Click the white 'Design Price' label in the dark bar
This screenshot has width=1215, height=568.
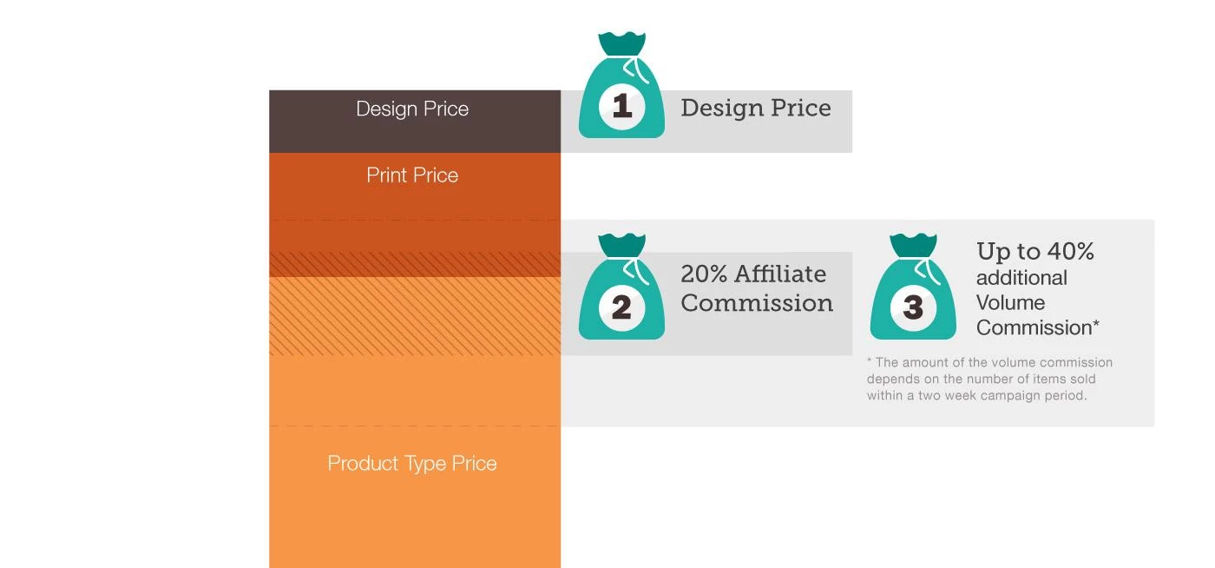pyautogui.click(x=412, y=109)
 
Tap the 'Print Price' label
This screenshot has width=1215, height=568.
pyautogui.click(x=412, y=175)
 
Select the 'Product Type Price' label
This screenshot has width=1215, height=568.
pyautogui.click(x=412, y=464)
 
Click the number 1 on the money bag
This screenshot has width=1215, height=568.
pyautogui.click(x=622, y=106)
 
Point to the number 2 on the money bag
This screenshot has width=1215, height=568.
pyautogui.click(x=621, y=307)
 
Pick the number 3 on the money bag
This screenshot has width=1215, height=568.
pyautogui.click(x=913, y=307)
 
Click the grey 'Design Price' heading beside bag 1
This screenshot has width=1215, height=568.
pyautogui.click(x=756, y=108)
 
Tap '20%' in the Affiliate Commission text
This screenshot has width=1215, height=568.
pyautogui.click(x=704, y=274)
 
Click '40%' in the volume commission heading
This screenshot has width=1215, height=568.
pyautogui.click(x=1071, y=251)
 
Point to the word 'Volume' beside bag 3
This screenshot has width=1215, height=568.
pyautogui.click(x=1010, y=302)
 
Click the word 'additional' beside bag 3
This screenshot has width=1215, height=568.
pyautogui.click(x=1021, y=277)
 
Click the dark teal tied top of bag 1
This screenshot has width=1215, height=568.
pyautogui.click(x=621, y=43)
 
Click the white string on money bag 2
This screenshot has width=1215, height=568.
pyautogui.click(x=636, y=271)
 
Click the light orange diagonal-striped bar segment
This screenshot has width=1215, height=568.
pyautogui.click(x=415, y=316)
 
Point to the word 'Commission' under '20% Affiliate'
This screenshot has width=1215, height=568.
pyautogui.click(x=757, y=303)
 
